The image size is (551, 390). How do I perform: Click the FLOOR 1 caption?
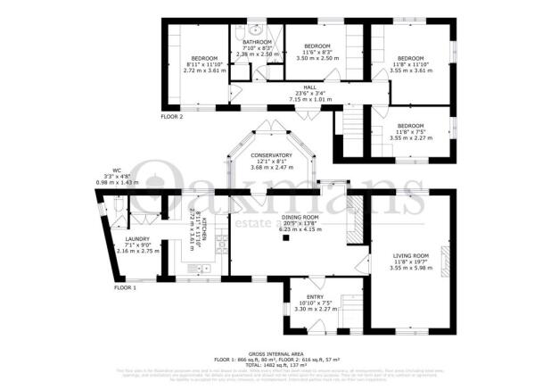(x=126, y=288)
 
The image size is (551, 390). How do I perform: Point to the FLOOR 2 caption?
(x=171, y=117)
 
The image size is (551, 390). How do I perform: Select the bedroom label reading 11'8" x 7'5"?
(x=410, y=126)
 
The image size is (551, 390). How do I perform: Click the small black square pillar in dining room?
(x=286, y=239)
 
